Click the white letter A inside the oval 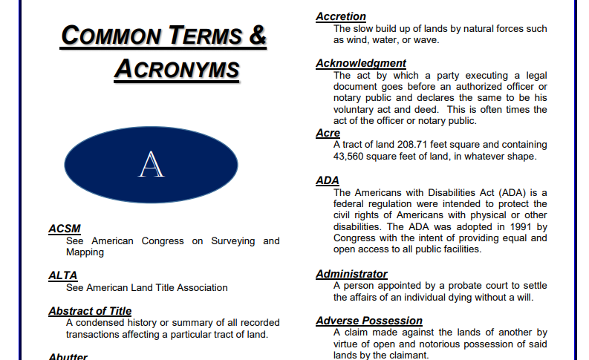coord(152,165)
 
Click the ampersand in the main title coord(258,36)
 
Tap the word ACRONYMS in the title coord(177,69)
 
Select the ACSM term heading coord(64,229)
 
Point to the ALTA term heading coord(62,275)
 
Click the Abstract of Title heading coord(90,311)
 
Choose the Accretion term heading coord(341,16)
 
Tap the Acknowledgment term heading coord(361,63)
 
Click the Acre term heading coord(328,133)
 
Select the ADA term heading coord(327,180)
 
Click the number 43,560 coord(351,157)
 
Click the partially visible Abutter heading coord(68,356)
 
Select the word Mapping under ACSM coord(85,252)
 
